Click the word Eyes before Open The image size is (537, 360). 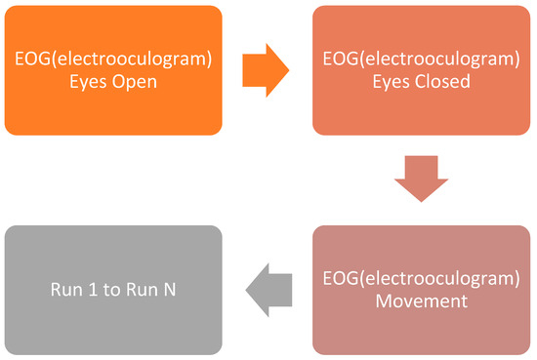click(x=90, y=82)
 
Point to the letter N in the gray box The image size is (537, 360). click(x=171, y=290)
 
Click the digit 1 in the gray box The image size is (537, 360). click(x=94, y=290)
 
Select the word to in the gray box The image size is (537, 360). click(x=113, y=290)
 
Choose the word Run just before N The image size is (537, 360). click(x=143, y=290)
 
